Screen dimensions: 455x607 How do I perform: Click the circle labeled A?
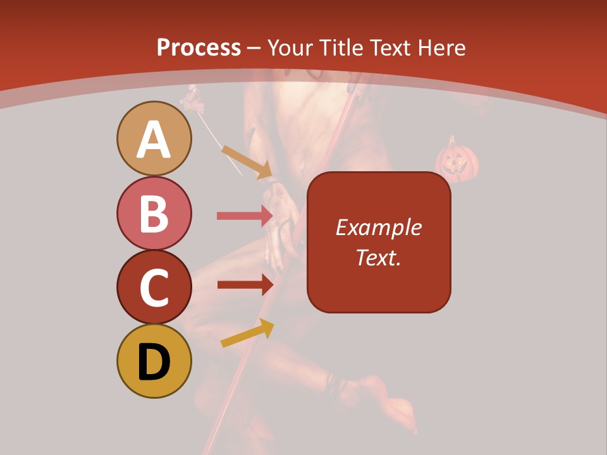(x=154, y=138)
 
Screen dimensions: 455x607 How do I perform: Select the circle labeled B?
(x=154, y=213)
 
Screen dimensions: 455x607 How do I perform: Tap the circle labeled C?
(x=154, y=287)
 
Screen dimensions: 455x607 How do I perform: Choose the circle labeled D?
(x=154, y=361)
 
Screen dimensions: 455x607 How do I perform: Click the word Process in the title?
(x=199, y=47)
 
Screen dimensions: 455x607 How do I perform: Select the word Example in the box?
(x=378, y=227)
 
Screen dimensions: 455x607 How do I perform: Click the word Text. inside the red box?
(x=378, y=257)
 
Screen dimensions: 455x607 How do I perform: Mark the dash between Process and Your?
(x=254, y=48)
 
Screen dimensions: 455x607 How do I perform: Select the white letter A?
(x=154, y=140)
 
